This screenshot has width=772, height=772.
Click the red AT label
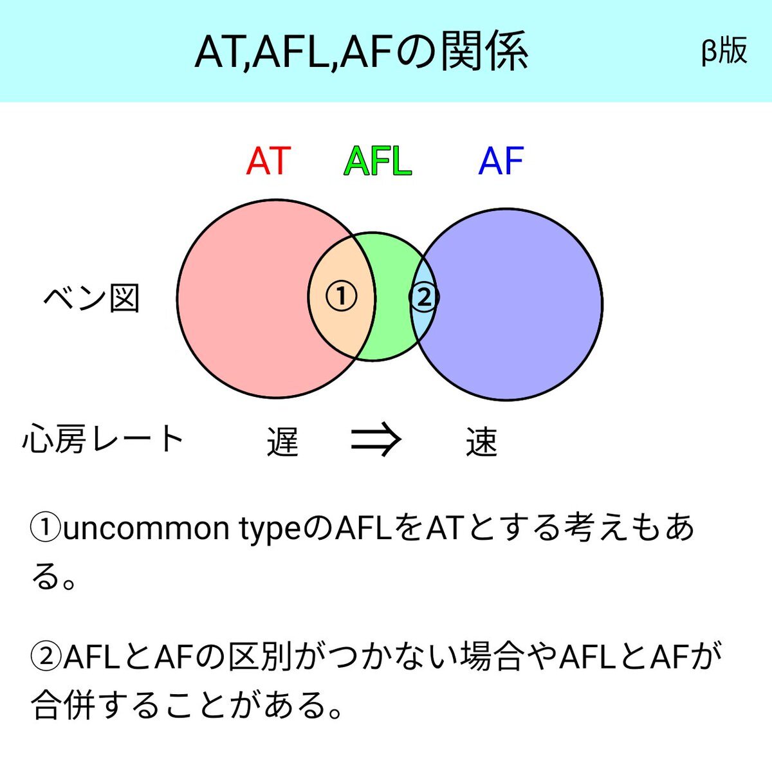[x=268, y=161]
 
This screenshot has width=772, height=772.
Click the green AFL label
[x=378, y=161]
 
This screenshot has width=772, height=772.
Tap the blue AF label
[x=501, y=161]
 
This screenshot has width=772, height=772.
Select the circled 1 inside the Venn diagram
[x=342, y=297]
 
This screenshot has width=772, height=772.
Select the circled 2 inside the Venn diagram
[x=424, y=297]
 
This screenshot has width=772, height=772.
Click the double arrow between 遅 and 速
[x=375, y=439]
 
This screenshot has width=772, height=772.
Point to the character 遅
[x=283, y=441]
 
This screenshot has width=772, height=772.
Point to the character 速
[x=481, y=441]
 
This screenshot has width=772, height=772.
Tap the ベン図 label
[x=92, y=299]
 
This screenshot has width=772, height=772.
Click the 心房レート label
[x=103, y=439]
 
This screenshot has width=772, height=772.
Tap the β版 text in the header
[x=724, y=50]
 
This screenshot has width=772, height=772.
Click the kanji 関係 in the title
[x=484, y=51]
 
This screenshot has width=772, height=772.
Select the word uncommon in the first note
[x=146, y=529]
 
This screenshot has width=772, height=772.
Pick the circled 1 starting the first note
[x=46, y=528]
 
